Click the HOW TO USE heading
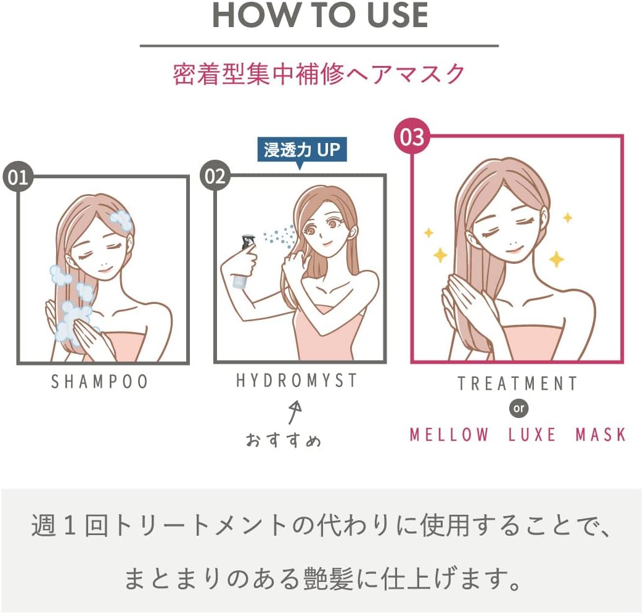[x=320, y=16]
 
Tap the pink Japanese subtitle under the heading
[x=319, y=74]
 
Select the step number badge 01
[x=18, y=178]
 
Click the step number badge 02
[x=215, y=176]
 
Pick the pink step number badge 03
[x=412, y=137]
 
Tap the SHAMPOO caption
[x=99, y=382]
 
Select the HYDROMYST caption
[x=297, y=381]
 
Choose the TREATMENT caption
[x=517, y=383]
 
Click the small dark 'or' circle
[x=518, y=408]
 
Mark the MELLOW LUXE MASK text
[x=517, y=435]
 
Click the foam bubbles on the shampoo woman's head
[x=121, y=220]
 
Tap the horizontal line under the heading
[x=319, y=46]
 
